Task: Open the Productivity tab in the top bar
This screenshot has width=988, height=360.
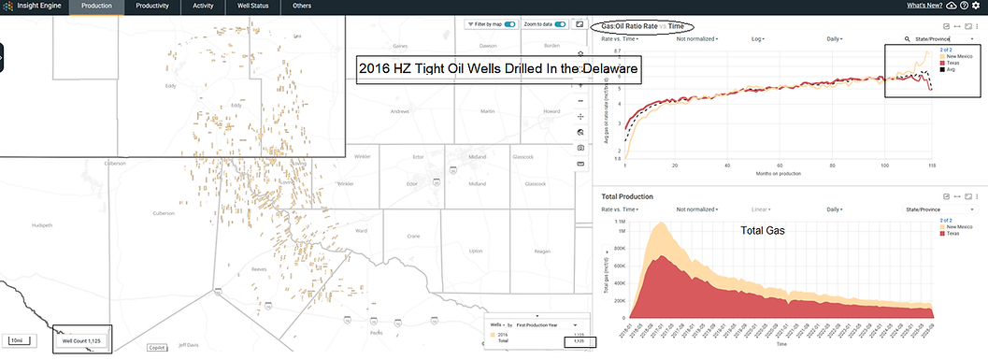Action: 150,6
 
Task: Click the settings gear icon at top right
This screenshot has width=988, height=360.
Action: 976,6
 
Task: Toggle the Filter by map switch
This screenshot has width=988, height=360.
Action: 510,23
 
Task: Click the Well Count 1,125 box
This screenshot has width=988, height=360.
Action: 81,341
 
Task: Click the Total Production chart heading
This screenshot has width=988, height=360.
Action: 626,197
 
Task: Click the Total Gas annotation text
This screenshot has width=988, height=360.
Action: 762,230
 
